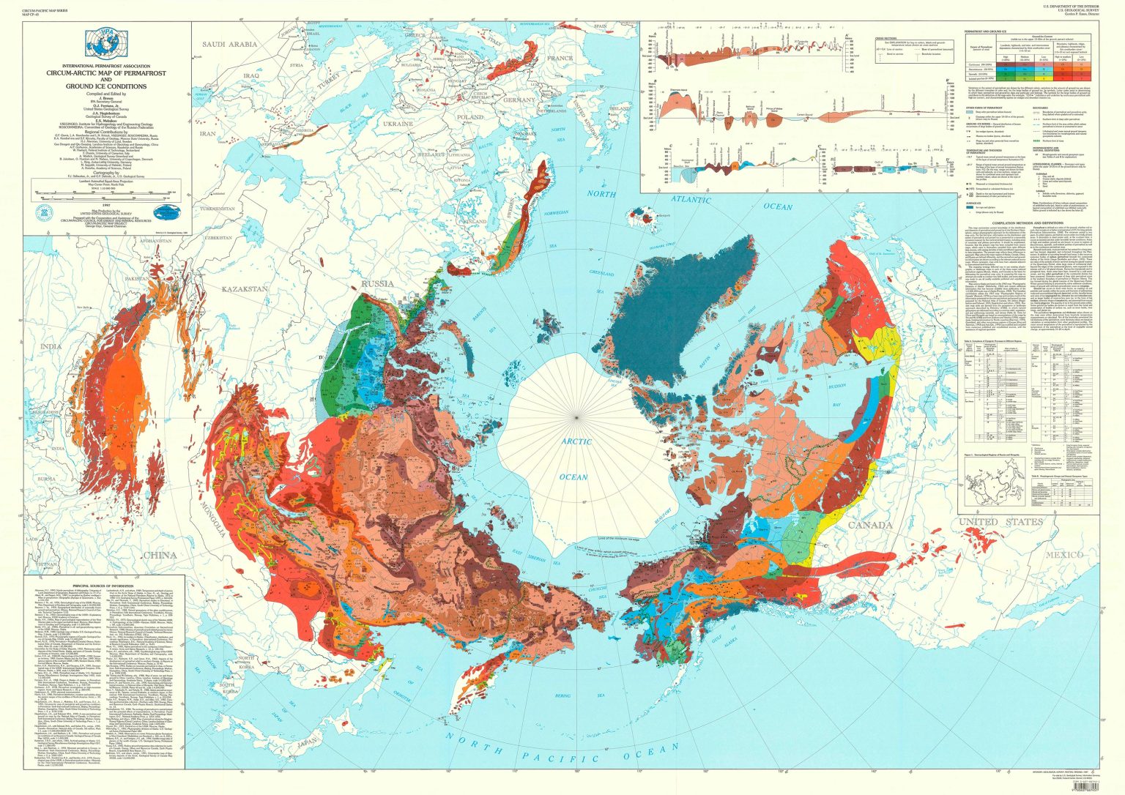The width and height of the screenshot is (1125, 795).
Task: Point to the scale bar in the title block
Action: tap(107, 195)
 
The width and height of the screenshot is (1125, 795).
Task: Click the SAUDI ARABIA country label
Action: tap(229, 45)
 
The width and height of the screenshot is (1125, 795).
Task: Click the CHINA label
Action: tap(159, 555)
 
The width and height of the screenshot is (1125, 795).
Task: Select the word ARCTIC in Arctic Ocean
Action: tap(577, 442)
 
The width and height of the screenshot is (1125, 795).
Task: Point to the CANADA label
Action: tap(870, 526)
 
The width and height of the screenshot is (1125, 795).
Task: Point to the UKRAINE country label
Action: tap(398, 124)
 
